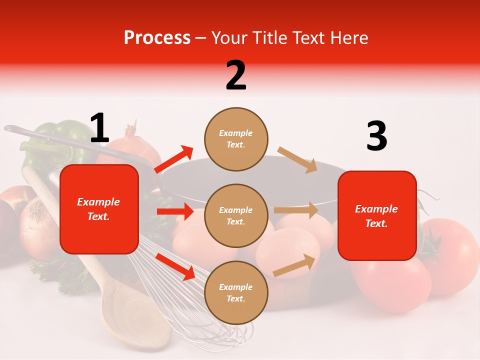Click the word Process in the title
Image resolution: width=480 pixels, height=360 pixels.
(157, 38)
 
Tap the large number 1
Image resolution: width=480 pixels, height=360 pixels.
(99, 128)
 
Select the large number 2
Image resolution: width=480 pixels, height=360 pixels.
(236, 75)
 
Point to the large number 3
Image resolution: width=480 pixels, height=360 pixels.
(376, 136)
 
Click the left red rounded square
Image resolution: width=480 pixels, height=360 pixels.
(99, 209)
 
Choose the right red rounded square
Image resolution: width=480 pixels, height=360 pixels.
(377, 215)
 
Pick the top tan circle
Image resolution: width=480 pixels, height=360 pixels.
(236, 139)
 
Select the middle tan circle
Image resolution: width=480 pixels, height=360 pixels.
(236, 215)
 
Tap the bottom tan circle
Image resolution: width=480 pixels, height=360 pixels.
(236, 292)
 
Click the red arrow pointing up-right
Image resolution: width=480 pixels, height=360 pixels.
(174, 159)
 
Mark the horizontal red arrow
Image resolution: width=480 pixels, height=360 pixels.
(175, 211)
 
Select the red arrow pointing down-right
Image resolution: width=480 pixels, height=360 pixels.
(175, 266)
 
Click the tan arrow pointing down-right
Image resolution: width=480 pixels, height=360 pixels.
(297, 159)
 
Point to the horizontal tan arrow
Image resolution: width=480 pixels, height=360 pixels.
(296, 210)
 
